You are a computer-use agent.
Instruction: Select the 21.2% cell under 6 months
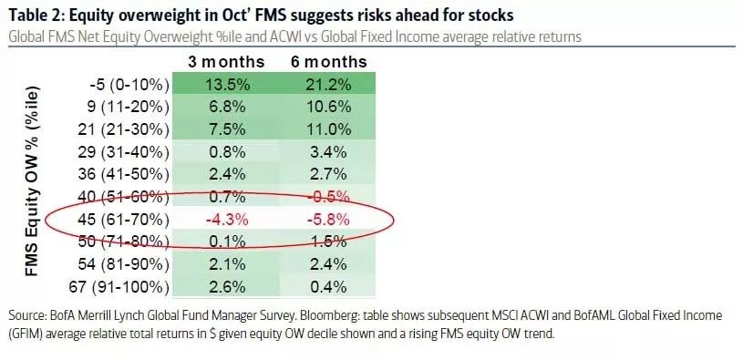tap(327, 85)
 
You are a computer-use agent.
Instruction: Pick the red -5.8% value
tap(327, 220)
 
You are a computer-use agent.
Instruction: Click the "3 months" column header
tap(226, 62)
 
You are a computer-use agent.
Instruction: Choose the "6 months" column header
tap(329, 62)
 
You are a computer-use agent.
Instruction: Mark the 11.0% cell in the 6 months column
tap(327, 129)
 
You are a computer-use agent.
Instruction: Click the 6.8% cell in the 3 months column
tap(226, 107)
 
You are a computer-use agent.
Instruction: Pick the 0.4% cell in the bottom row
tap(328, 287)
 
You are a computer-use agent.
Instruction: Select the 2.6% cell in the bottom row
tap(226, 287)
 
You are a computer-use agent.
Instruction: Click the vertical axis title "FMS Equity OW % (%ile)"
tap(33, 181)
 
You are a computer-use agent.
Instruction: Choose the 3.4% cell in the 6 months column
tap(328, 152)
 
